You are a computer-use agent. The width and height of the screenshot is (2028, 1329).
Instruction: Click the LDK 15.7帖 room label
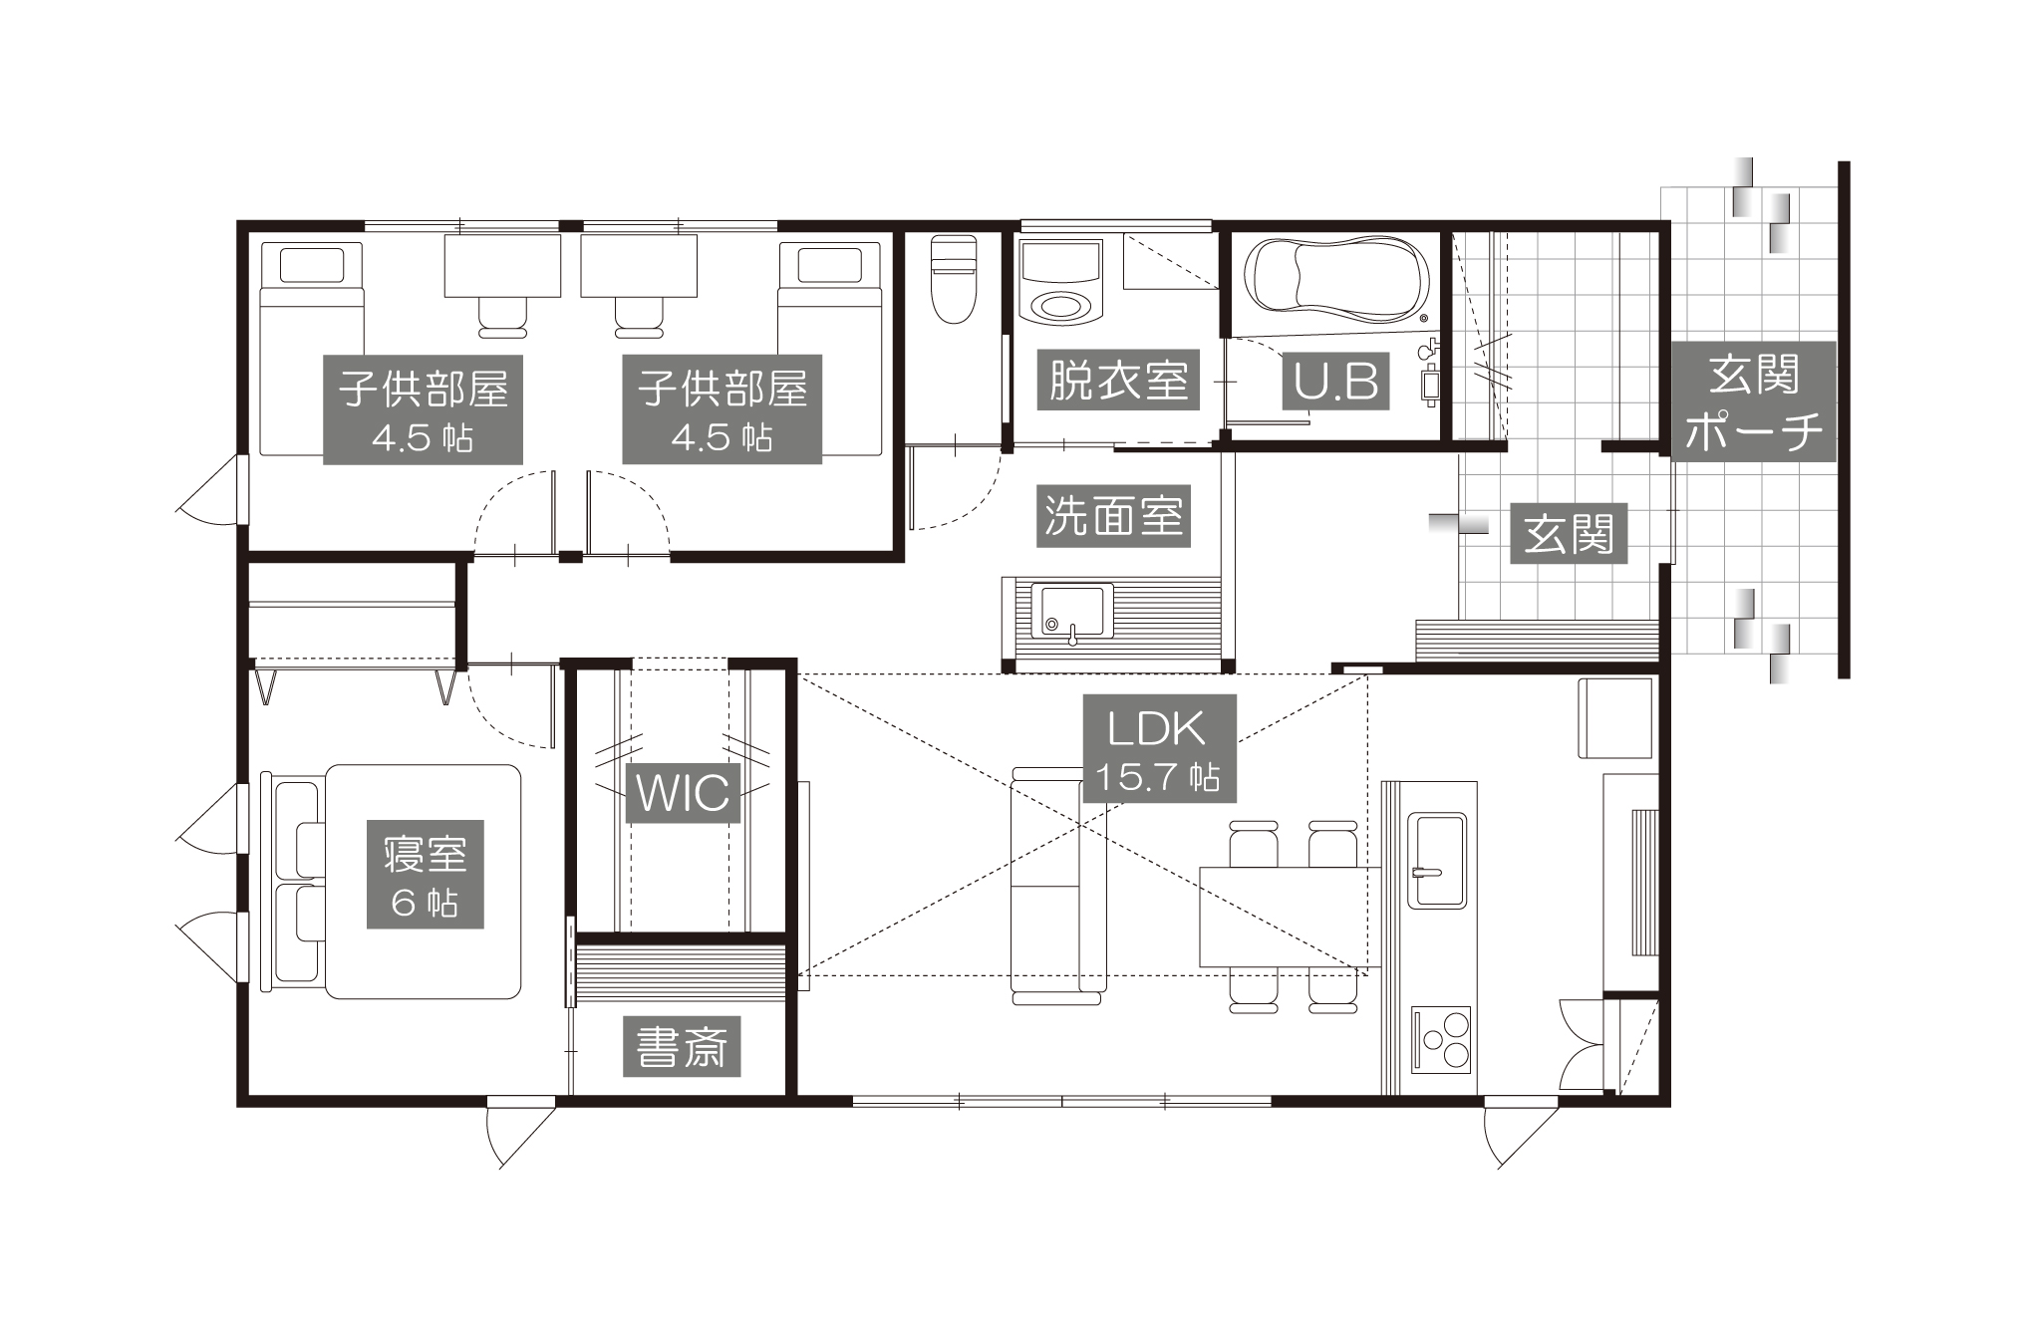click(1159, 748)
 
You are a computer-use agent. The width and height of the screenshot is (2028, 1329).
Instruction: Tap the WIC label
click(684, 793)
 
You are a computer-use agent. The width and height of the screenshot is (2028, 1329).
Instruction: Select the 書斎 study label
click(683, 1046)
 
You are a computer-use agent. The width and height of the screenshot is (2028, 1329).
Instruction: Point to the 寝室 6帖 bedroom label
click(426, 875)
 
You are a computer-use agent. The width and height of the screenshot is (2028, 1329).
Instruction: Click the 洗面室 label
click(1114, 516)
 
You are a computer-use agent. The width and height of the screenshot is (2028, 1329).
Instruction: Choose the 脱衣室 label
click(1118, 380)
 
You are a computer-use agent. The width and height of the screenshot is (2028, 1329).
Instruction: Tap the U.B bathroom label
click(1335, 380)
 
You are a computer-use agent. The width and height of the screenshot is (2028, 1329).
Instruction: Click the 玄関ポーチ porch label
click(1754, 400)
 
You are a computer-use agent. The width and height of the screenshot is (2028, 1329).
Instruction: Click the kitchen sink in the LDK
click(1435, 861)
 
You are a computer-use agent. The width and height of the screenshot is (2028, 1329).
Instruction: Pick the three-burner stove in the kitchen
click(1441, 1039)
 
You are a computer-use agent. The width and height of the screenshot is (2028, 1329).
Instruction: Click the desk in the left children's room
click(502, 265)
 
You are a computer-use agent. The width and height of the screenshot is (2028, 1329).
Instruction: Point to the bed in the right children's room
click(831, 349)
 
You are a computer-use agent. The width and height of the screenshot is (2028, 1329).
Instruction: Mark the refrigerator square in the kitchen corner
click(1614, 718)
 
